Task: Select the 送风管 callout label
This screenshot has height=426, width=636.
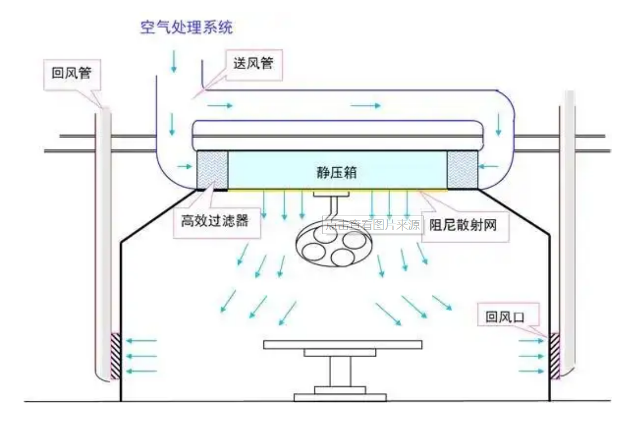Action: click(253, 63)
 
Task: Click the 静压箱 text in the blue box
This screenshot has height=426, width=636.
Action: click(336, 172)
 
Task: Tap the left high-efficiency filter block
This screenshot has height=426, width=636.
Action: click(212, 170)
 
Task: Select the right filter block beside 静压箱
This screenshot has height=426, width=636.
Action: click(463, 170)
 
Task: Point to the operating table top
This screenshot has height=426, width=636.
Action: click(342, 344)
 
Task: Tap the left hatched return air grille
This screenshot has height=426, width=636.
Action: click(116, 356)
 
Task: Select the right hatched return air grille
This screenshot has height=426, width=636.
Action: click(555, 356)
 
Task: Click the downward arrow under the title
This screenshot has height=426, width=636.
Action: click(173, 61)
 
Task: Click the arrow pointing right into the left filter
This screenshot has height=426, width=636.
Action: click(184, 166)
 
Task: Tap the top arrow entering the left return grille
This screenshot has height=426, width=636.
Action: click(140, 340)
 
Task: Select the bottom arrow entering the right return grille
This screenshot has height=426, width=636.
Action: click(530, 371)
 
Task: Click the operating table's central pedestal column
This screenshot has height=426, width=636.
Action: click(340, 371)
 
